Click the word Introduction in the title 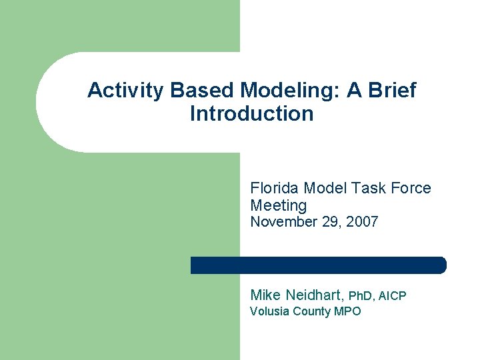(x=251, y=114)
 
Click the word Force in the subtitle (x=410, y=189)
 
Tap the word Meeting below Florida (x=278, y=206)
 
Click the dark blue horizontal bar (x=318, y=265)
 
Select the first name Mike (x=265, y=295)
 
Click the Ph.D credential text (x=364, y=295)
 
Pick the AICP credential (x=393, y=295)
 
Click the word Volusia (x=269, y=311)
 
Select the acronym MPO (x=347, y=311)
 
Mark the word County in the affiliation (x=311, y=311)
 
